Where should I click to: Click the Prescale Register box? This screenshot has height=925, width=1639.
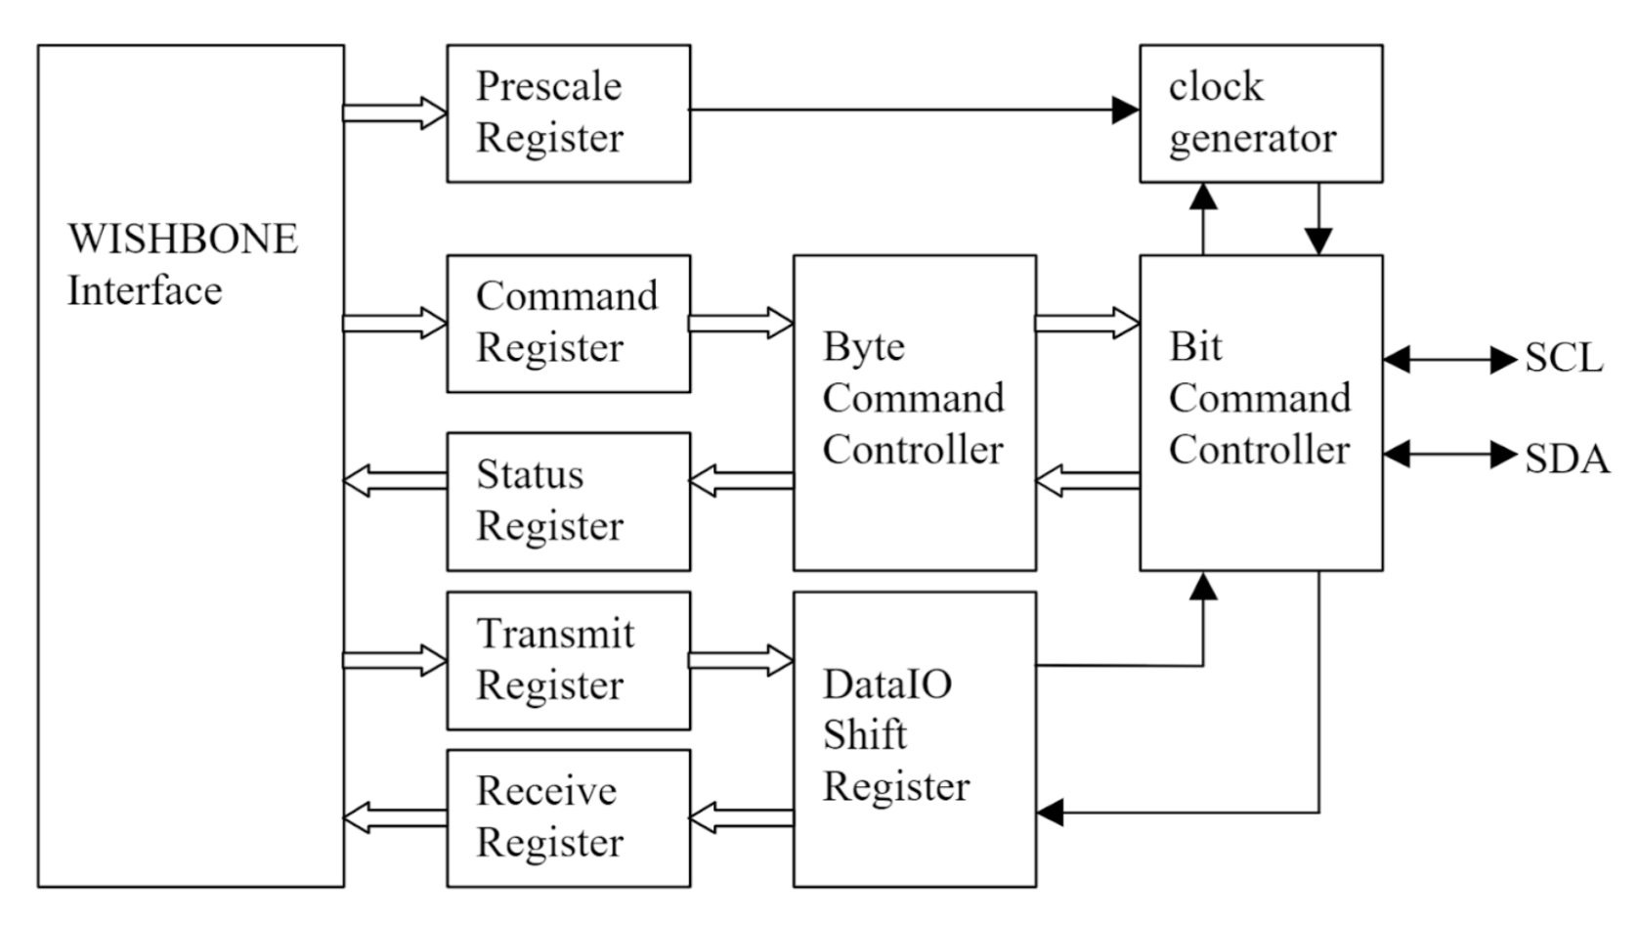tap(568, 112)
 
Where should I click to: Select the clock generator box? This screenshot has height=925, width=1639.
tap(1260, 112)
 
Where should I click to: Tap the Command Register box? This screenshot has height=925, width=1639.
tap(568, 323)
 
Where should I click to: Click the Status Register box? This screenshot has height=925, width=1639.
tap(568, 501)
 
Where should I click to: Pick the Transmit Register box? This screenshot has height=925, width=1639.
tap(568, 660)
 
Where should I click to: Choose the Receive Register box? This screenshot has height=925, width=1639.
tap(568, 817)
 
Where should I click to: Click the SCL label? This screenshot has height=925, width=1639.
tap(1563, 359)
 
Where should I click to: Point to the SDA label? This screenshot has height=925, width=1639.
tap(1566, 459)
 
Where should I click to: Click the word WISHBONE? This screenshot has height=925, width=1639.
tap(182, 240)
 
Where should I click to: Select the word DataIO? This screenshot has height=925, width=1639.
tap(886, 684)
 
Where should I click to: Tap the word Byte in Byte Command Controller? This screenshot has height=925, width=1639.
tap(864, 347)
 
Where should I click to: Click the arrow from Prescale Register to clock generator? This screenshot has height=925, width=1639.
tap(914, 110)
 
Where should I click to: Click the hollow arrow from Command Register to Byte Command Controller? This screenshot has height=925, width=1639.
tap(741, 323)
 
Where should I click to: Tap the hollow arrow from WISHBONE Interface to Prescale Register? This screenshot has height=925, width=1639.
tap(395, 112)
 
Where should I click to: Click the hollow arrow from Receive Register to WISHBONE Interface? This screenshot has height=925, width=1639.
tap(395, 817)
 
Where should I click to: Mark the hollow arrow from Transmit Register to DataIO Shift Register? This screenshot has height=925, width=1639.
tap(741, 660)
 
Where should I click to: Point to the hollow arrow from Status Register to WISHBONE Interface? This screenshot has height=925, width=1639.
tap(395, 480)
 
